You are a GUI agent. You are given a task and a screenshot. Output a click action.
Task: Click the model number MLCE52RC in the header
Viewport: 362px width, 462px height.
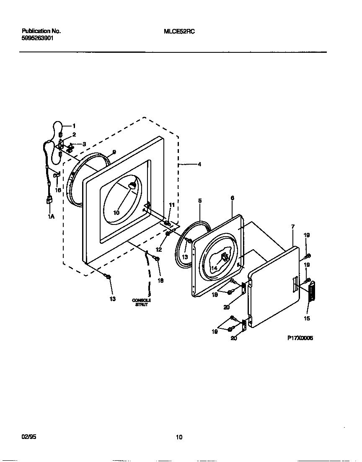pyautogui.click(x=179, y=31)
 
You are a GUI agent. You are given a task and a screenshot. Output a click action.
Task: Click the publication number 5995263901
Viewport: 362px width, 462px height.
pyautogui.click(x=37, y=38)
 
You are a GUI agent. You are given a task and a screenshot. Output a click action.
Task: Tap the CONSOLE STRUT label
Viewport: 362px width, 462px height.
pyautogui.click(x=141, y=302)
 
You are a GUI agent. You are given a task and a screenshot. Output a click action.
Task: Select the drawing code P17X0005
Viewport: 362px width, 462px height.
pyautogui.click(x=300, y=338)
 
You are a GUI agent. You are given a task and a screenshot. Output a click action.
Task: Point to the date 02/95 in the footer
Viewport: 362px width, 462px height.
pyautogui.click(x=29, y=436)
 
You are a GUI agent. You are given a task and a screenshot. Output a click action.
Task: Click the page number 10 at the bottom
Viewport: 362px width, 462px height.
pyautogui.click(x=179, y=437)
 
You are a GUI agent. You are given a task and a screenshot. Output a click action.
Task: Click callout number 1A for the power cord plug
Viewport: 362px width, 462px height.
pyautogui.click(x=51, y=217)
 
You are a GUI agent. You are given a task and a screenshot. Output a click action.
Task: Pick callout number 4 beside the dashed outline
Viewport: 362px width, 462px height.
pyautogui.click(x=199, y=165)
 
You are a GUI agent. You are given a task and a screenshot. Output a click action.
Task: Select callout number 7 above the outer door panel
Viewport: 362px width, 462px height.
pyautogui.click(x=292, y=227)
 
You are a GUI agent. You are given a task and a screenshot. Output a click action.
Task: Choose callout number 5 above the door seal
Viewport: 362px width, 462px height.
pyautogui.click(x=200, y=201)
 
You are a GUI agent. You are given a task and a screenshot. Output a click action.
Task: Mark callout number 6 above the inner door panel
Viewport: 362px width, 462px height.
pyautogui.click(x=232, y=198)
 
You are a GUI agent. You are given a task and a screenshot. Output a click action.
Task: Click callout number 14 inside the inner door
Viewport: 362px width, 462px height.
pyautogui.click(x=214, y=268)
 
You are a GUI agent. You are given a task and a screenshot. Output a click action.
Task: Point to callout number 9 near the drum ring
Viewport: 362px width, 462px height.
pyautogui.click(x=114, y=152)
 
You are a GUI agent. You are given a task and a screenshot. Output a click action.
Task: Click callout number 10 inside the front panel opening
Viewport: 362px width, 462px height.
pyautogui.click(x=116, y=213)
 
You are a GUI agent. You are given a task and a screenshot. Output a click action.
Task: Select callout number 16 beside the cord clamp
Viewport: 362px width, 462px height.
pyautogui.click(x=58, y=190)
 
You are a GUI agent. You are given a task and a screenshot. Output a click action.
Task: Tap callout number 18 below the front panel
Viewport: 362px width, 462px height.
pyautogui.click(x=160, y=280)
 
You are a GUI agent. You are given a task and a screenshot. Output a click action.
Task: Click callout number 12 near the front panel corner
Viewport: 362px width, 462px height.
pyautogui.click(x=158, y=249)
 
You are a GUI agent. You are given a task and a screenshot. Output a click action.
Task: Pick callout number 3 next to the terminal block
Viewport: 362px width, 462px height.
pyautogui.click(x=84, y=144)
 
